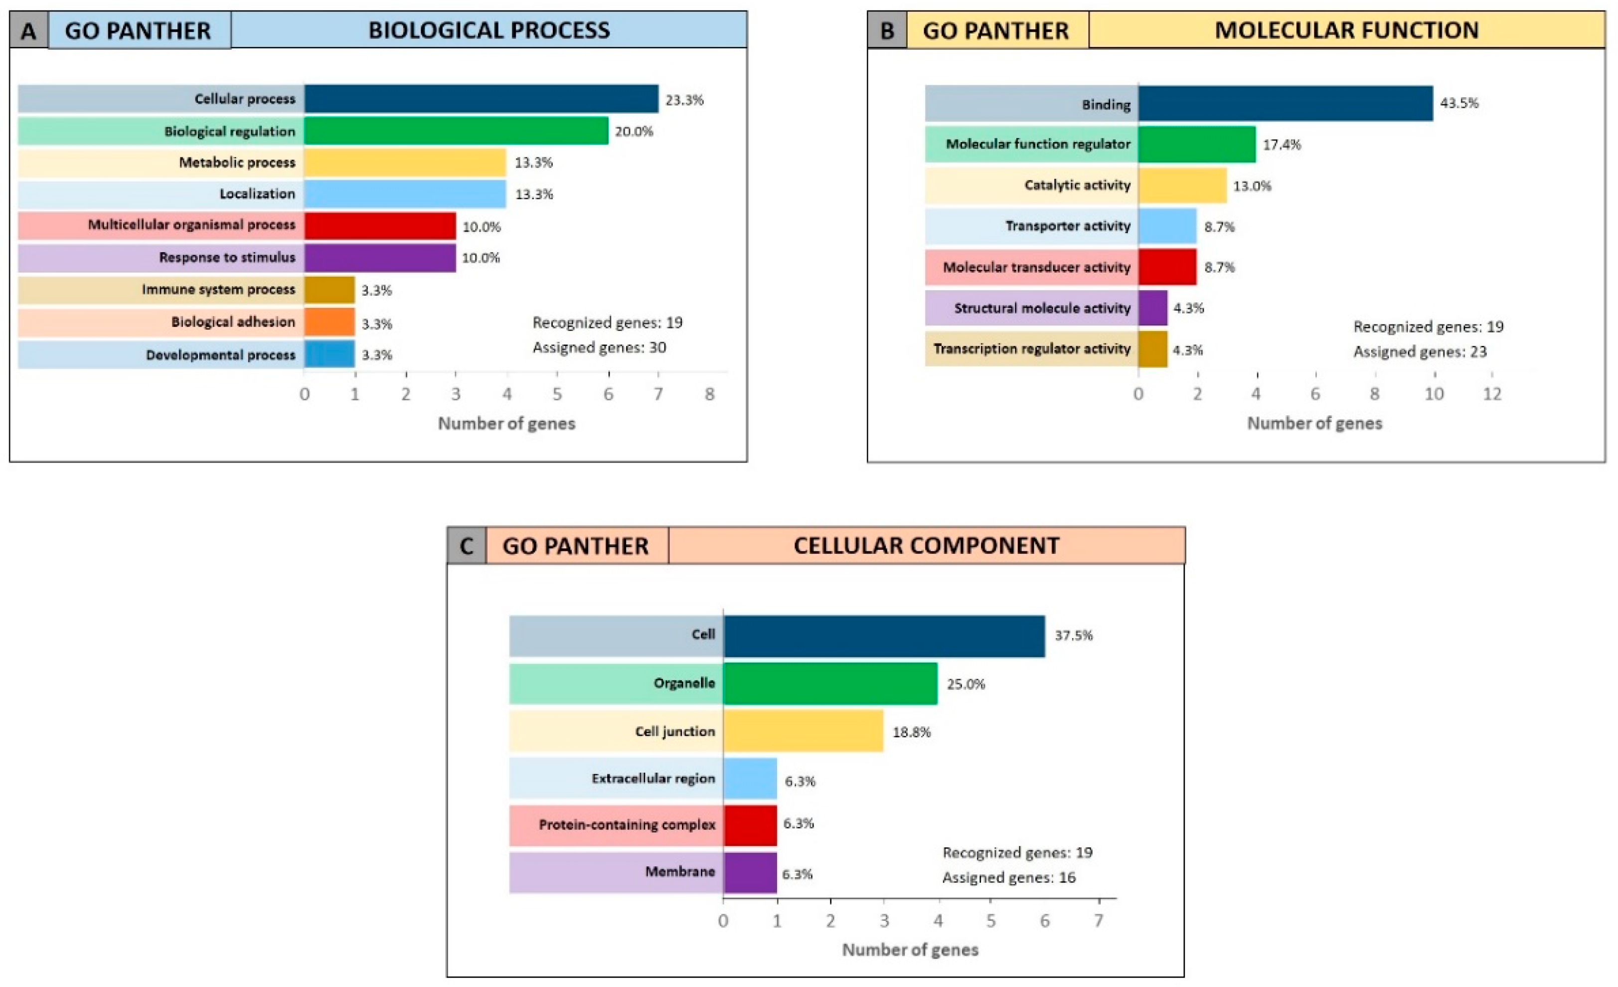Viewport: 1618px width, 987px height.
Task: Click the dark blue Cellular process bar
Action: (482, 99)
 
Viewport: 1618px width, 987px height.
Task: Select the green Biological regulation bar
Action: (457, 131)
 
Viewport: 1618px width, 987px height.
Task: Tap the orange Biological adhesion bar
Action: (329, 322)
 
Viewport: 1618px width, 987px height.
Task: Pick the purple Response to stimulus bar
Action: (380, 257)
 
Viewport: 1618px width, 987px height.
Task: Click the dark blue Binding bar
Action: (1286, 103)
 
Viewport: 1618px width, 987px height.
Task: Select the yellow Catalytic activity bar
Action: (1183, 185)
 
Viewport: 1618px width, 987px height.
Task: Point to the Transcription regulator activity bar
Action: (1153, 349)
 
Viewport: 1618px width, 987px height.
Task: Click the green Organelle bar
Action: (830, 683)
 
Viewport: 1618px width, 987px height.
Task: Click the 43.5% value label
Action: (1459, 103)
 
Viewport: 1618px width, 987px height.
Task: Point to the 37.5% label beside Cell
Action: (1074, 635)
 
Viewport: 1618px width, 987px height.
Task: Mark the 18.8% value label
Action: (912, 732)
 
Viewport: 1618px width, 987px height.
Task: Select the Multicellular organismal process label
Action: (192, 225)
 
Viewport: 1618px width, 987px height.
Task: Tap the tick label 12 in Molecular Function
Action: (1492, 394)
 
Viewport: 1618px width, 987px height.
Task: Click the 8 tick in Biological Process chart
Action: (709, 394)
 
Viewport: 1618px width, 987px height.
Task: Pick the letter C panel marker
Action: (466, 546)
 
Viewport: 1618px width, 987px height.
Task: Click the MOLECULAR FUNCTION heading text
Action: (1347, 30)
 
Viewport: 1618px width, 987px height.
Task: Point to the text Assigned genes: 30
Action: (599, 347)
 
